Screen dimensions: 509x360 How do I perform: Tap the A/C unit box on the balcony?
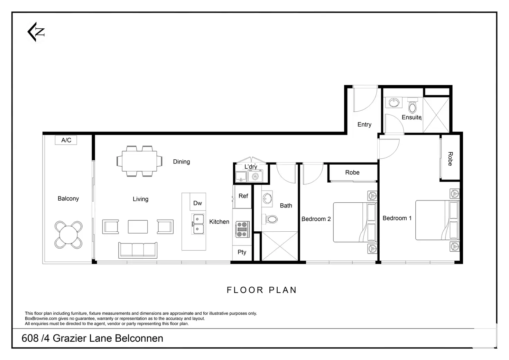(x=66, y=140)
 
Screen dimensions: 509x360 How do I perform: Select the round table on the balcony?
(x=68, y=235)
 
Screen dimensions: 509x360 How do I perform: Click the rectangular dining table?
(x=139, y=161)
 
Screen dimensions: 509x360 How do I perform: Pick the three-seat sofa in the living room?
(x=138, y=250)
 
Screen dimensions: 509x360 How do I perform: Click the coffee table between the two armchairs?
(x=138, y=227)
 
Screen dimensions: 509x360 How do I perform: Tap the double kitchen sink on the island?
(x=198, y=224)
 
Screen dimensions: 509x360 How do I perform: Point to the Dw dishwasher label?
(x=197, y=203)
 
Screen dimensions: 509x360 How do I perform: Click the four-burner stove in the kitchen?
(x=242, y=229)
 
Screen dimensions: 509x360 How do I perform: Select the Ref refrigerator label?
(x=243, y=196)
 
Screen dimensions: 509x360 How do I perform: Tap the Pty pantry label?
(x=242, y=252)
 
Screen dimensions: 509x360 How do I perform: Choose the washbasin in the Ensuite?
(x=394, y=102)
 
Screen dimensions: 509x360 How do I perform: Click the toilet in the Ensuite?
(x=413, y=106)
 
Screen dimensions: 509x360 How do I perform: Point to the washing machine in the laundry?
(x=255, y=176)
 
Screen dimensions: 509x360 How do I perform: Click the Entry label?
(x=364, y=124)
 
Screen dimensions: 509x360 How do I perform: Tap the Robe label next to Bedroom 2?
(x=352, y=173)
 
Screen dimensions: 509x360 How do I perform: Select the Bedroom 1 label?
(x=397, y=218)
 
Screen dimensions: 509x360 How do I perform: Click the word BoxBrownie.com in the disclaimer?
(x=41, y=319)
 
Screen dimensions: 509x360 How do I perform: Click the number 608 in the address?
(x=30, y=339)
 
